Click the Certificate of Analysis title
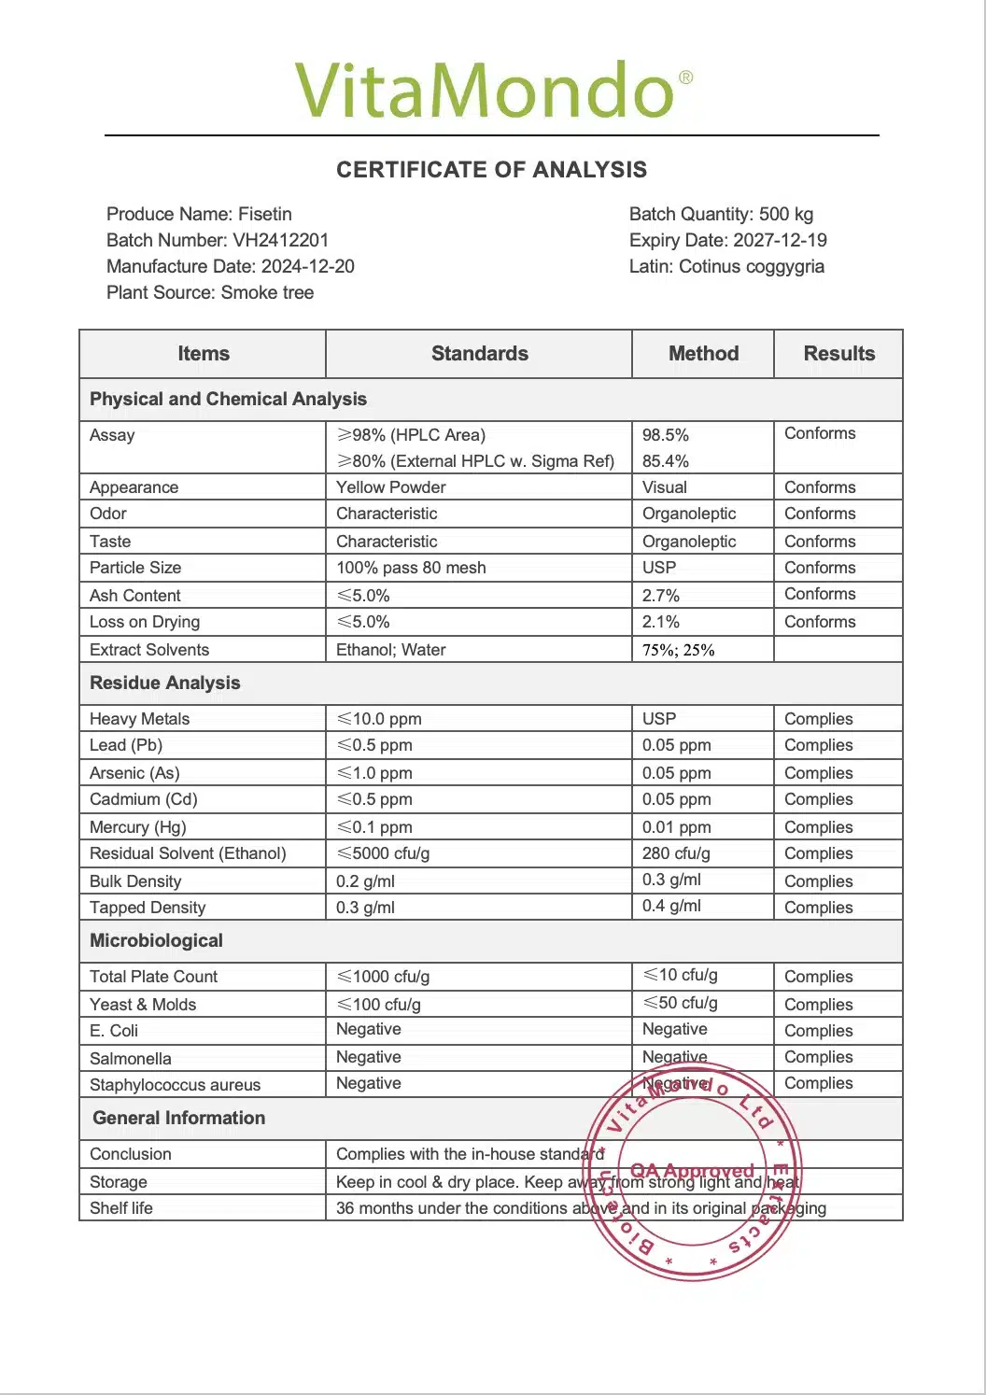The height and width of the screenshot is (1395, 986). [491, 170]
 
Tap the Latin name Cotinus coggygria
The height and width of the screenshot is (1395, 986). [751, 266]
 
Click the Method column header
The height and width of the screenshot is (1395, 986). [703, 354]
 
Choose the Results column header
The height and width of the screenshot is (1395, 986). [838, 354]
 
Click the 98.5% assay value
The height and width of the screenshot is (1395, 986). [666, 435]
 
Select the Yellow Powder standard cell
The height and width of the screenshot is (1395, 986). [391, 487]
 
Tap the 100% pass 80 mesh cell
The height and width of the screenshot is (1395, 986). [411, 568]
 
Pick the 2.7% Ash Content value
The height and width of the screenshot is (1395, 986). [661, 596]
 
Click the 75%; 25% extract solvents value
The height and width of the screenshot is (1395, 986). [679, 650]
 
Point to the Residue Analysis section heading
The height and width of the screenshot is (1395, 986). [164, 683]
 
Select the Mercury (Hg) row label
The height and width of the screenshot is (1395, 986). [138, 827]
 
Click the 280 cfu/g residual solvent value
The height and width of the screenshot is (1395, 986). [676, 853]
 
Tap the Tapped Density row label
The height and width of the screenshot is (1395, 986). [148, 908]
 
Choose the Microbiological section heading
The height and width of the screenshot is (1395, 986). [156, 941]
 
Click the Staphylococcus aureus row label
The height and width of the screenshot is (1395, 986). [175, 1085]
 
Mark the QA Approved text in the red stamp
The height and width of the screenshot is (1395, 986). [692, 1171]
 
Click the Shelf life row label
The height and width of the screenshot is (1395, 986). [121, 1208]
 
